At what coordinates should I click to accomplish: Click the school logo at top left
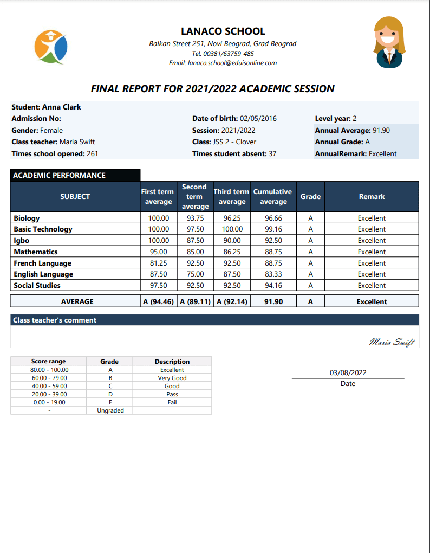coord(51,47)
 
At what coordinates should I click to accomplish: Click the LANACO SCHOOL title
coord(223,31)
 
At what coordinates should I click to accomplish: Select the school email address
coord(232,63)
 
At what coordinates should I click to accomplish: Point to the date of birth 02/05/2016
coord(258,119)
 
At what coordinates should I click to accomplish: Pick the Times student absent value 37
coord(272,153)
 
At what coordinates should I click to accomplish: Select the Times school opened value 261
coord(92,153)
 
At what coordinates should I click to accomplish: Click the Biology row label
coord(27,218)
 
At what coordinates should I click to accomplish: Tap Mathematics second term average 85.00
coord(195,252)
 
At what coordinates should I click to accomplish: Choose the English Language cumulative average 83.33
coord(273,274)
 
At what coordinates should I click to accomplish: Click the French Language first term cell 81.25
coord(158,263)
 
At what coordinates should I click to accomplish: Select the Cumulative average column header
coord(273,196)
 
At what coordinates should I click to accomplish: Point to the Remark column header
coord(372,196)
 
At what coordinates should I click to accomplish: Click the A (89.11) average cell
coord(195,301)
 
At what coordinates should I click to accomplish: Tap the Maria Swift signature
coord(392,341)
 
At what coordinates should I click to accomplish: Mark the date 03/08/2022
coord(348,372)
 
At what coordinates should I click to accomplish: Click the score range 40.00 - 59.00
coord(49,386)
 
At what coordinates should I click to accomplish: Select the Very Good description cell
coord(172,378)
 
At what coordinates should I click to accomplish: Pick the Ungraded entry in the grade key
coord(110,410)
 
